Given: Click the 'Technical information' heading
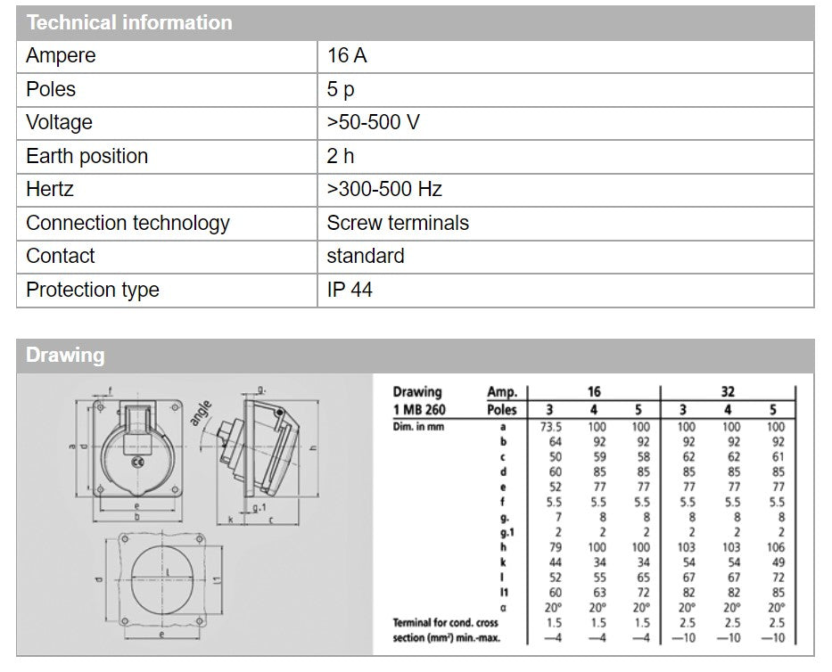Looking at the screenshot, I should click(129, 22).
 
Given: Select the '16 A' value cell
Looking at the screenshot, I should click(347, 56).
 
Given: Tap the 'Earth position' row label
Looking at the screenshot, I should click(86, 157).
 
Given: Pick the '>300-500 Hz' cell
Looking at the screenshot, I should click(384, 190).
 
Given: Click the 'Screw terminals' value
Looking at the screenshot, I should click(398, 223).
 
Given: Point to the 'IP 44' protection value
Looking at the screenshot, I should click(350, 290).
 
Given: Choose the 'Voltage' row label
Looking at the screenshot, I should click(59, 123).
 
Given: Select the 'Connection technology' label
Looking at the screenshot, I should click(128, 223).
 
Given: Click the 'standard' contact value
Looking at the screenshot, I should click(366, 257).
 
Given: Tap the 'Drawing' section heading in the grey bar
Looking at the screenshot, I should click(65, 356).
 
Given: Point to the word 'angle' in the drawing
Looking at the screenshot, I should click(201, 412).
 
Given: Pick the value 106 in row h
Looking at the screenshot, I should click(775, 547).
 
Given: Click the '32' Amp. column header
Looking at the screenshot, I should click(728, 391).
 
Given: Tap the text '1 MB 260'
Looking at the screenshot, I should click(419, 410).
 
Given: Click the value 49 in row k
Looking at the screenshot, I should click(776, 561).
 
